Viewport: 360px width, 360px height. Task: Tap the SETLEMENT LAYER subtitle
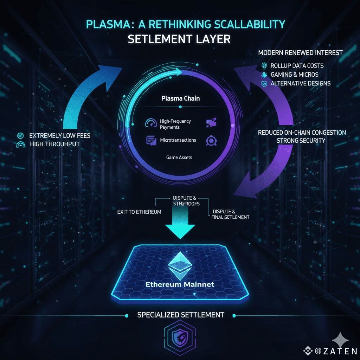pos(179,39)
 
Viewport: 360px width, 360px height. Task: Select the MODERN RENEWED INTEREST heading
pos(300,53)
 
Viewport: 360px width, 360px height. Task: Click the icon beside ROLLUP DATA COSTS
pos(264,66)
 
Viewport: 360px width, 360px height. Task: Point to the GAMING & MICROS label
pos(295,75)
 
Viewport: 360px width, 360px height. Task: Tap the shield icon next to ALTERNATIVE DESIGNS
pos(264,84)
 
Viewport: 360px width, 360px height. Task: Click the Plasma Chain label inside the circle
pos(180,98)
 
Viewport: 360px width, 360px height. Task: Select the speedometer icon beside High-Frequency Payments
pos(150,123)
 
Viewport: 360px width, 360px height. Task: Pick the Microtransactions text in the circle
pos(178,140)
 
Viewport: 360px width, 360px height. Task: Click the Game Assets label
pos(179,157)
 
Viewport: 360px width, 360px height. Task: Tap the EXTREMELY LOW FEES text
pos(59,135)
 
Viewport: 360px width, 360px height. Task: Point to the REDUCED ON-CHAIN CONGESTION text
pos(302,133)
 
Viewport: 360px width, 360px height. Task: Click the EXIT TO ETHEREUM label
pos(139,212)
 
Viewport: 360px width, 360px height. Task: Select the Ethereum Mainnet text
pos(180,284)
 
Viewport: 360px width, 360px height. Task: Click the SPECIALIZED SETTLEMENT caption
pos(180,315)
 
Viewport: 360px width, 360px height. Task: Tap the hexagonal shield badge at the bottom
pos(180,337)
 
